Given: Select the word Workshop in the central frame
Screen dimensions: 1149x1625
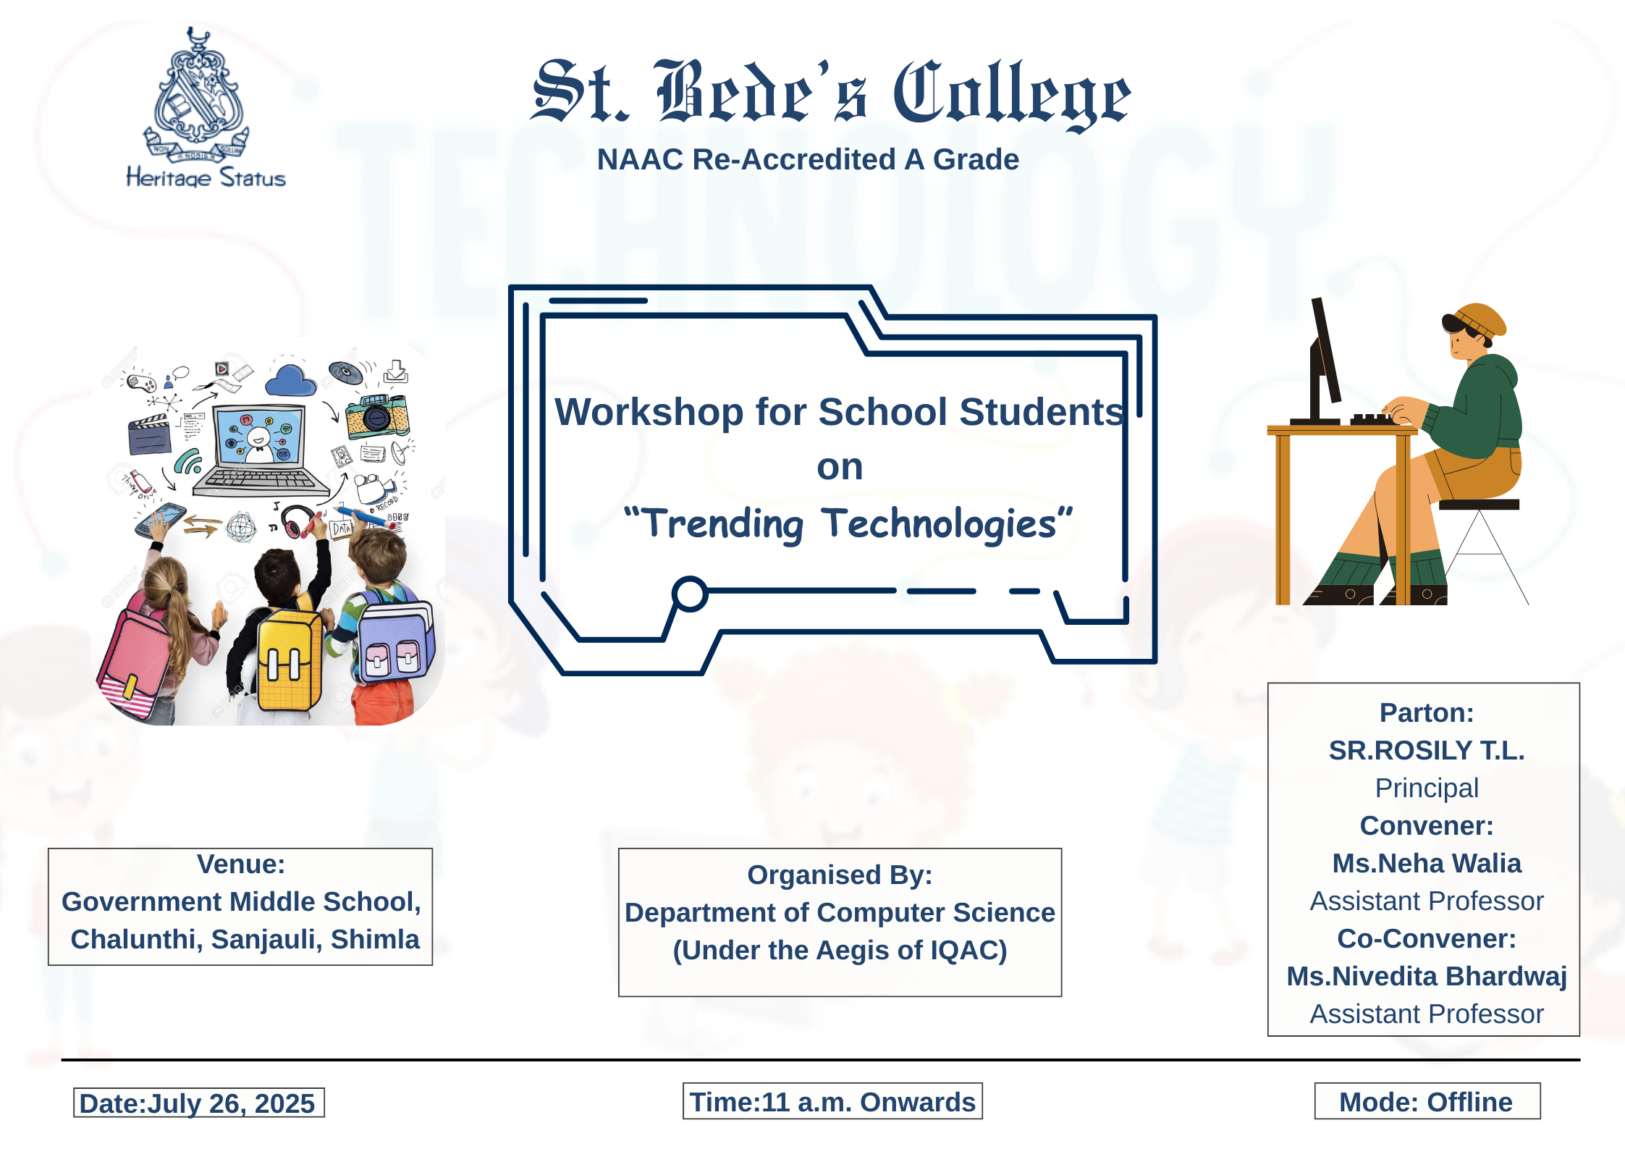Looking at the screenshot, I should point(649,412).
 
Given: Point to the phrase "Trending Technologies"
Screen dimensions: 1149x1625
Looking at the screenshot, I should point(848,523).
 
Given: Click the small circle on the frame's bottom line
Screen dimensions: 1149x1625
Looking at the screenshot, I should point(690,594).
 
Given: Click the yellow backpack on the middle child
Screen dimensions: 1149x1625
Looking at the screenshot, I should point(290,659).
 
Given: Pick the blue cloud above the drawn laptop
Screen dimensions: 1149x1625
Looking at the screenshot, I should point(290,379).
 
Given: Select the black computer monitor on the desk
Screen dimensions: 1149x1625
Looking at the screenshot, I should point(1325,358).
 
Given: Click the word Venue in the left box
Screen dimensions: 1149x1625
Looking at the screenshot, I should point(240,864).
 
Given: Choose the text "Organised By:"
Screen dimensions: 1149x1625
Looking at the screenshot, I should point(840,875).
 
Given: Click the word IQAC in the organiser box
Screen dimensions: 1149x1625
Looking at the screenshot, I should point(961,950).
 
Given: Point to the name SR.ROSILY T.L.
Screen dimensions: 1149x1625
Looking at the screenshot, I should point(1426,750).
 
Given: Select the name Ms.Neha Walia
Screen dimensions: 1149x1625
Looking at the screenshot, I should point(1426,863).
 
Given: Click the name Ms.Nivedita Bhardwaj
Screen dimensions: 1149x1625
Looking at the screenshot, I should point(1426,976).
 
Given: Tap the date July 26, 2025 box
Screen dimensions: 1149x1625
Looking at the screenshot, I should point(198,1103).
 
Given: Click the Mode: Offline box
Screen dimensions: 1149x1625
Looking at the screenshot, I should point(1426,1101).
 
